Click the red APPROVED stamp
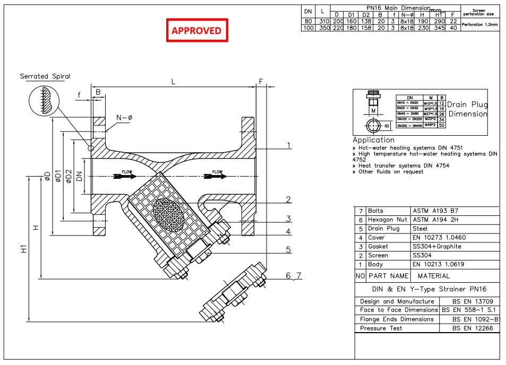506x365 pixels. pyautogui.click(x=196, y=31)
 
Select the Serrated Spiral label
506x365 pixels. pyautogui.click(x=45, y=76)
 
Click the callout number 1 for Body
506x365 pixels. pyautogui.click(x=288, y=145)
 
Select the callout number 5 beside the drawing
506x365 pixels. pyautogui.click(x=288, y=249)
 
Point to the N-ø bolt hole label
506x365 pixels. pyautogui.click(x=124, y=118)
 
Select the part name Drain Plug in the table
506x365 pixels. pyautogui.click(x=383, y=229)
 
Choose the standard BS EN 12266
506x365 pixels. pyautogui.click(x=473, y=328)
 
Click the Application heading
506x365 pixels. pyautogui.click(x=373, y=140)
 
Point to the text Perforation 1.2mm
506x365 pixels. pyautogui.click(x=479, y=24)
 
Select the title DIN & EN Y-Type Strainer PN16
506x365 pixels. pyautogui.click(x=427, y=289)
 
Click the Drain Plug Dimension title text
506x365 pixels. pyautogui.click(x=467, y=109)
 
